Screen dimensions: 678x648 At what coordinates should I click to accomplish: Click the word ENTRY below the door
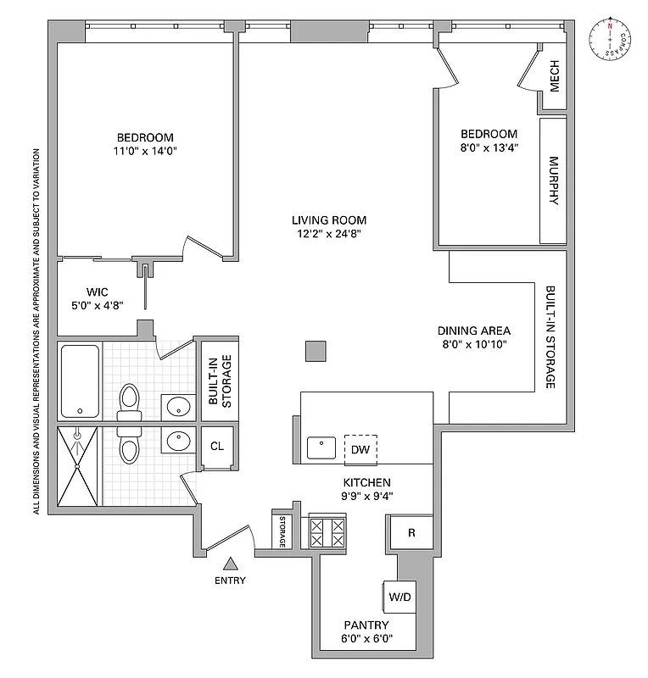coord(230,581)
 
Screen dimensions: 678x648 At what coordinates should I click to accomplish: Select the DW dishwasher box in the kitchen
coord(360,449)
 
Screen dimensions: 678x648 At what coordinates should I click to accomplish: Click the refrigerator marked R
coord(411,533)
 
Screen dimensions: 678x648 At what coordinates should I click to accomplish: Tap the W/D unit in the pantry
coord(400,597)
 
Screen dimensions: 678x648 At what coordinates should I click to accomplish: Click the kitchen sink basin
coord(323,447)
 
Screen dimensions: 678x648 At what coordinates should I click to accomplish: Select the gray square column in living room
coord(316,351)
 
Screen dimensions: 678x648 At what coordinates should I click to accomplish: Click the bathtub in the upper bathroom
coord(80,381)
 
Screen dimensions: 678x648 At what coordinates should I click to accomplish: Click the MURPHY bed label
coord(554,181)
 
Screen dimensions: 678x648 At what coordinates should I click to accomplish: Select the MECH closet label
coord(555,77)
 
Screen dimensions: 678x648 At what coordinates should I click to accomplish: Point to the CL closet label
coord(217,447)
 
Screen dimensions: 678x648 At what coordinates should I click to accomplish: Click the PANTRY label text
coord(366,625)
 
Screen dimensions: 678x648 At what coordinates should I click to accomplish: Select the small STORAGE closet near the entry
coord(281,531)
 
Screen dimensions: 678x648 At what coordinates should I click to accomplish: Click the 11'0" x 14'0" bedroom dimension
coord(145,152)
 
